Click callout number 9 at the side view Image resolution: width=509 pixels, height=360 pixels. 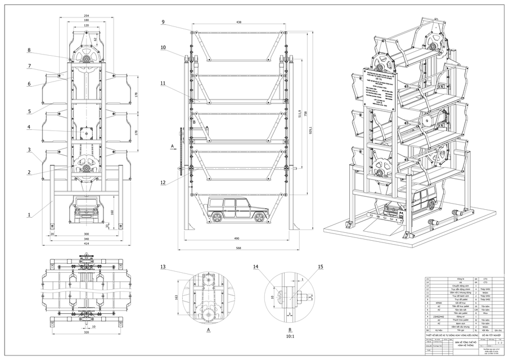pos(163,22)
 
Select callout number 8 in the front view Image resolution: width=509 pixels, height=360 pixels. pos(29,51)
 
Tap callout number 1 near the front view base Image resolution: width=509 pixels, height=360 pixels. pos(29,214)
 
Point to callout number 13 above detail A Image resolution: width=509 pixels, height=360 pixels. pos(163,266)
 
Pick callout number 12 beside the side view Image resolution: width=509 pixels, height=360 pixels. pos(163,183)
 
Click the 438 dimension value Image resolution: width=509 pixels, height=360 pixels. pos(238,22)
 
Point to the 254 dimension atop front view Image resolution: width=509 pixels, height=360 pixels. pos(85,15)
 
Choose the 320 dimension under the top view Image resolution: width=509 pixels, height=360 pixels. pos(85,332)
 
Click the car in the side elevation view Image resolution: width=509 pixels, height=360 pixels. pos(236,210)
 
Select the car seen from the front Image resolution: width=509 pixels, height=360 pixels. pos(85,210)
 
